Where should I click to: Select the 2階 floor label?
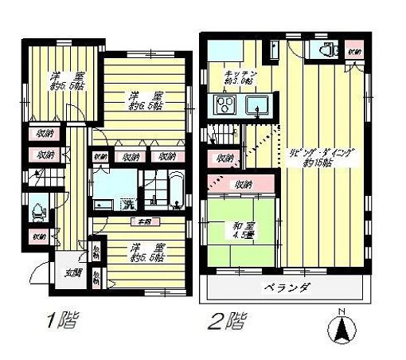click(x=227, y=322)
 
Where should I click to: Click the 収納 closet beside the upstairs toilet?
click(x=354, y=52)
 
